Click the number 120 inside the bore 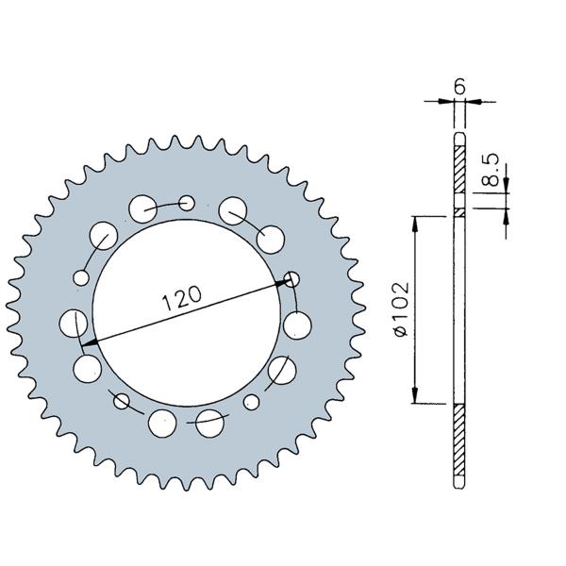click(x=181, y=297)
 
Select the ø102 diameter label click(x=402, y=309)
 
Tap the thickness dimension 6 click(x=459, y=87)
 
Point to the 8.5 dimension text click(x=491, y=170)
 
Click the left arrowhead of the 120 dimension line click(x=90, y=342)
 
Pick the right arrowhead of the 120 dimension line click(x=283, y=282)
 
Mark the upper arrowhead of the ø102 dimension click(x=415, y=224)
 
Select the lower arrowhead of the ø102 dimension click(x=415, y=395)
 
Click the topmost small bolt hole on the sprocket click(x=187, y=203)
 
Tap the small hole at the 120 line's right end click(x=291, y=279)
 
